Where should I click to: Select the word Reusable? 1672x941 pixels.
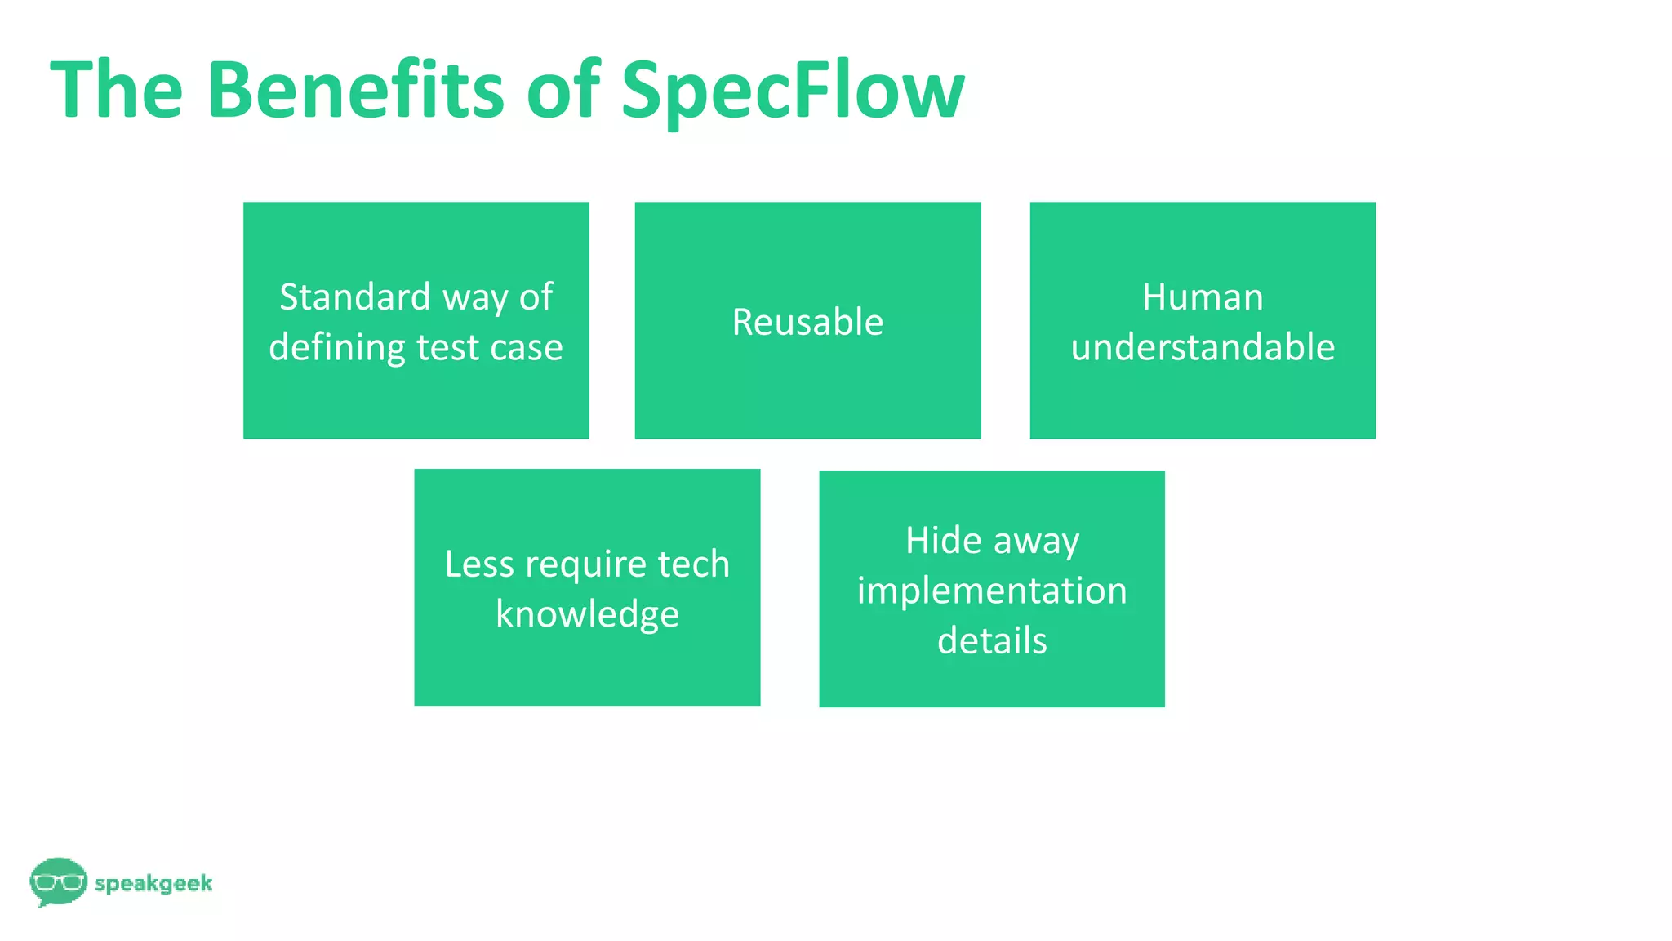pos(807,322)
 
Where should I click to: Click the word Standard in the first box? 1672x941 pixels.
pos(354,297)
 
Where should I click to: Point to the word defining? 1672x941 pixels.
pos(338,348)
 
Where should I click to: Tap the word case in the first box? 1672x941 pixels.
pos(526,348)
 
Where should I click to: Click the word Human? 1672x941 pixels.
pos(1202,297)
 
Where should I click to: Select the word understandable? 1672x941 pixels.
pos(1202,347)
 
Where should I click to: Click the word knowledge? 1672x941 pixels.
pos(587,614)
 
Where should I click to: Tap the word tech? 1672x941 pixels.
pos(693,564)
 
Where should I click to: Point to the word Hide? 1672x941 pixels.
pos(943,540)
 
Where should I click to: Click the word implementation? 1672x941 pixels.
pos(991,591)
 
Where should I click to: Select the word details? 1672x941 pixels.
pos(991,640)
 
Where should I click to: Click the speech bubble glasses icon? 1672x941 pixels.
pos(58,881)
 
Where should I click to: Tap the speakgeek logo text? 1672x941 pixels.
pos(153,883)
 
